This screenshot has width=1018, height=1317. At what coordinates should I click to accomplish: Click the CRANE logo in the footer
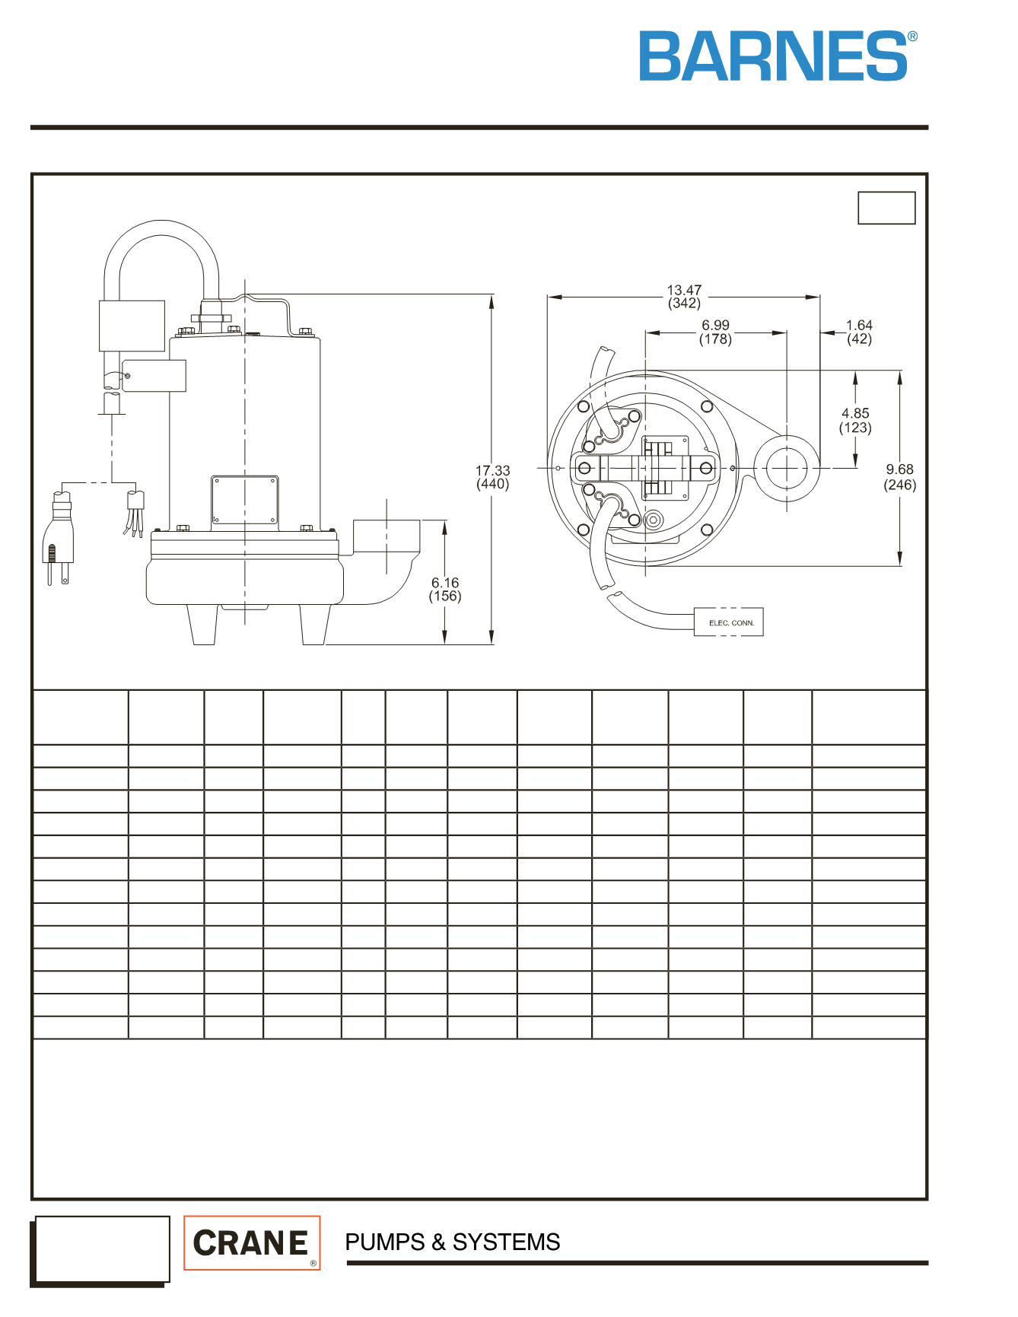(x=252, y=1242)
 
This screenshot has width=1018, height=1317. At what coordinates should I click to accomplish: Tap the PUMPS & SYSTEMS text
(x=453, y=1242)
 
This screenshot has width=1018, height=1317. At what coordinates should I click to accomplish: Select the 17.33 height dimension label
(x=493, y=477)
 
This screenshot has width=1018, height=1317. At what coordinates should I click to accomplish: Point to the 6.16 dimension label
(x=445, y=590)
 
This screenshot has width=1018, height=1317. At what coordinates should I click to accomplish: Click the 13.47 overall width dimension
(x=684, y=297)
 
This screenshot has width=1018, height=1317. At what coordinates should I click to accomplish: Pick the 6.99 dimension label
(x=715, y=332)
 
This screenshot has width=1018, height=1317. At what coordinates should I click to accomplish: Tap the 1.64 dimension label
(x=859, y=332)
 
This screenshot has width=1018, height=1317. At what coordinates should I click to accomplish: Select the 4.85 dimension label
(x=855, y=420)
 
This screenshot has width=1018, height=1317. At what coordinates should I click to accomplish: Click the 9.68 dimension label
(x=899, y=477)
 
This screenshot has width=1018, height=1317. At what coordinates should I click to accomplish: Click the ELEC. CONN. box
(x=729, y=622)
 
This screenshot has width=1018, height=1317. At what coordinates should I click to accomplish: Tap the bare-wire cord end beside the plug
(x=135, y=514)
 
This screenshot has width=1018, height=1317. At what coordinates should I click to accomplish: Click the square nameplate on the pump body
(x=245, y=501)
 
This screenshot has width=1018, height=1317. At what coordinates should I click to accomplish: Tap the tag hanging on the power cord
(x=154, y=375)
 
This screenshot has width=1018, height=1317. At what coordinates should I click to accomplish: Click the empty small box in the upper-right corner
(x=886, y=208)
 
